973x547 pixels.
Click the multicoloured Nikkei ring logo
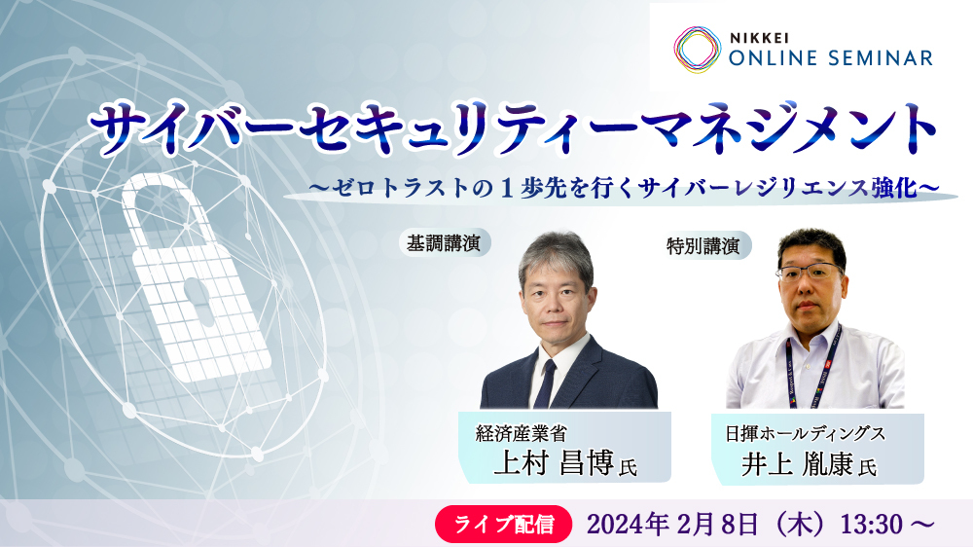point(698,51)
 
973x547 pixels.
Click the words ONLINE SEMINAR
point(831,58)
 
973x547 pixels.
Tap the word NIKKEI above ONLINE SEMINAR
point(759,38)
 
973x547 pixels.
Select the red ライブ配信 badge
point(503,524)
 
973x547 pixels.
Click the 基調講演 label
point(445,242)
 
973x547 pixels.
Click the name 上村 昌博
point(554,462)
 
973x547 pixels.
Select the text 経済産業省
point(522,433)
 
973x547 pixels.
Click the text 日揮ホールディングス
point(805,433)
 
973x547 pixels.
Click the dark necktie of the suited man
point(546,383)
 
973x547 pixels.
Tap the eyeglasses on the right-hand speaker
point(810,272)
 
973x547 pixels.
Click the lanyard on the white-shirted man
point(811,370)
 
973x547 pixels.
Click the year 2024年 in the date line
point(628,525)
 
